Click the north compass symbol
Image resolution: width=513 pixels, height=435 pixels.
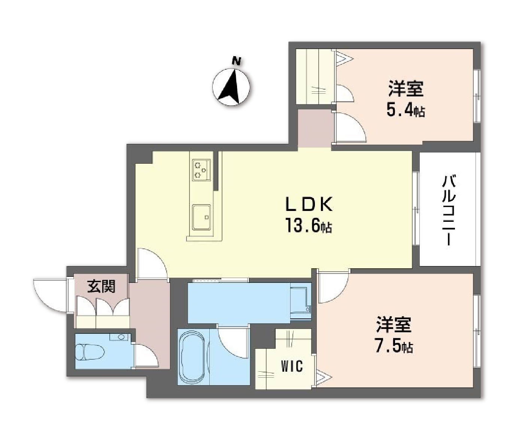tap(233, 85)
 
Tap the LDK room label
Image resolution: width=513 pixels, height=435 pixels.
tap(309, 205)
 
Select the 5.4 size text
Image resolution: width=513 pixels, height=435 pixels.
tap(400, 110)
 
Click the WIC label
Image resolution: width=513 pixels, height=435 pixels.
tap(292, 366)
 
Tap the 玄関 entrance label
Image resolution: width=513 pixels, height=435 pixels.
tap(101, 287)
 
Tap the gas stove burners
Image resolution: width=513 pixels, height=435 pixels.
tap(201, 170)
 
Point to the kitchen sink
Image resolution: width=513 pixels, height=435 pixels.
tap(201, 217)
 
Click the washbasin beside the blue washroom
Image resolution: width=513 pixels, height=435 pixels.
tap(301, 303)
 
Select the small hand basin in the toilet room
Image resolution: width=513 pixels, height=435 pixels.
tap(121, 337)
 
